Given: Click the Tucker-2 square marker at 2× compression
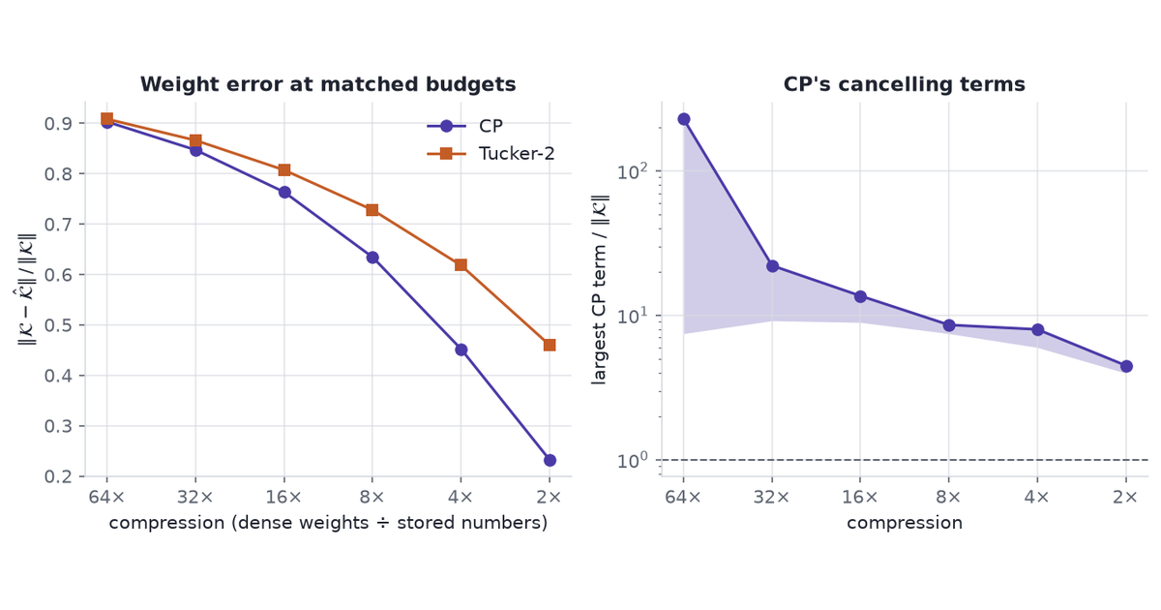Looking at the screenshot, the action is [x=550, y=345].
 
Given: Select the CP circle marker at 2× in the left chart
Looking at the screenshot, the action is [x=550, y=460].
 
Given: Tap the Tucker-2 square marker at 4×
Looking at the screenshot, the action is [x=461, y=265].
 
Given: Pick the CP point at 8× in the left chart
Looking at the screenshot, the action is [x=372, y=258].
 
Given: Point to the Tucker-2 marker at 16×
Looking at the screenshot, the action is [x=284, y=170].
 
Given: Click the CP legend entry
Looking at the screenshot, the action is [x=465, y=126].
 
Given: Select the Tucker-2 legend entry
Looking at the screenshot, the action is [x=491, y=154].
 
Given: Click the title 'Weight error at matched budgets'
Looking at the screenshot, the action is [x=328, y=84].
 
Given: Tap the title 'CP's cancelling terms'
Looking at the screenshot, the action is [x=905, y=84].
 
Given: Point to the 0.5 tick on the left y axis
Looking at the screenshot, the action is [x=57, y=325].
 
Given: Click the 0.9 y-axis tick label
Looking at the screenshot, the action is [x=57, y=124].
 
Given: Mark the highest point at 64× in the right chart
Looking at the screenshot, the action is [x=684, y=119].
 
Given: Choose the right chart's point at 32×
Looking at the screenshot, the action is [x=772, y=266].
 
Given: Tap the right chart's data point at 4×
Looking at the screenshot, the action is [x=1037, y=329].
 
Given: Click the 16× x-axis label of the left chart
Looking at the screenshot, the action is [x=283, y=497].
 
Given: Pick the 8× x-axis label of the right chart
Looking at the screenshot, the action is [x=948, y=497].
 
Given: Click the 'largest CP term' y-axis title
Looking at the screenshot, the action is [x=599, y=290].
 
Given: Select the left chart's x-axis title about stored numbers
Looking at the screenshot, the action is [x=328, y=523].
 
